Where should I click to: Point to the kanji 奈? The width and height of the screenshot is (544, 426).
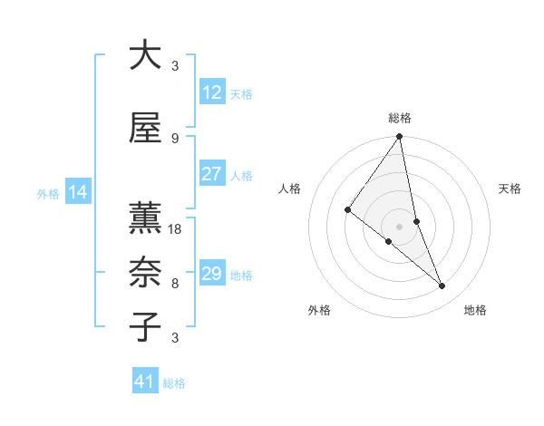[x=144, y=271]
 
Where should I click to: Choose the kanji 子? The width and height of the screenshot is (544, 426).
[x=144, y=326]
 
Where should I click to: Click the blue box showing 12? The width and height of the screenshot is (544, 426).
[x=211, y=92]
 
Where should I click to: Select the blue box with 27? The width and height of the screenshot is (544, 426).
[x=211, y=174]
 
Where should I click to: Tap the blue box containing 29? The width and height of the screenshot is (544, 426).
[x=211, y=274]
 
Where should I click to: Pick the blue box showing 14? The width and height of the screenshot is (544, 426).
[x=78, y=192]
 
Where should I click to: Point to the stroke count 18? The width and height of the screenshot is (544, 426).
[x=176, y=228]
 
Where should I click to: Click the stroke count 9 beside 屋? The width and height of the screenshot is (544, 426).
[x=175, y=138]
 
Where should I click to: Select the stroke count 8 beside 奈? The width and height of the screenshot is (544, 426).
[x=175, y=283]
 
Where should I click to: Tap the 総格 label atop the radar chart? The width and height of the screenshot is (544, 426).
[x=400, y=118]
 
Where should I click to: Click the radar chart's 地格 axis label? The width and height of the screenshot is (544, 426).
[x=475, y=310]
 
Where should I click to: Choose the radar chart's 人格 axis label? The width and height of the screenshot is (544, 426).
[x=290, y=189]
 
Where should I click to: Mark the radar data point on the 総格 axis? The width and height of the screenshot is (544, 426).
[x=400, y=138]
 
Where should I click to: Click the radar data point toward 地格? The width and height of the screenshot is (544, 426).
[x=442, y=286]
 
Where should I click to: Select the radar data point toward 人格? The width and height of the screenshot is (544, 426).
[x=347, y=210]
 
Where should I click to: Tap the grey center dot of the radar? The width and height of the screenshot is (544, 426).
[x=400, y=226]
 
